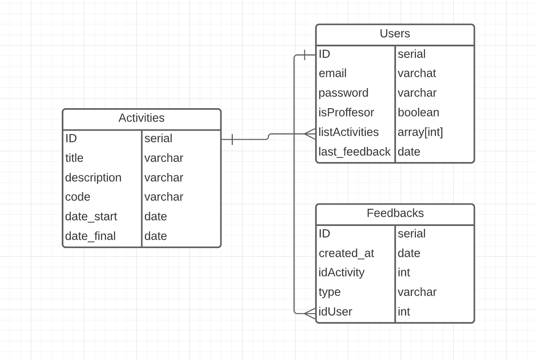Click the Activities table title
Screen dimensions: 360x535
[141, 118]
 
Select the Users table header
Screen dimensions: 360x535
[395, 34]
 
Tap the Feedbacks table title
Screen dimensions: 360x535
[395, 213]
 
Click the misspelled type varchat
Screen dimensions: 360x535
[416, 74]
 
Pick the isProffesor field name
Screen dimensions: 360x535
[346, 113]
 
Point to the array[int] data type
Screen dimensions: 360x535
[420, 132]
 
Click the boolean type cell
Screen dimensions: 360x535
[418, 113]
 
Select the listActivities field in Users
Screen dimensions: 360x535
[348, 132]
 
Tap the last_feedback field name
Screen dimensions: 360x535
[354, 152]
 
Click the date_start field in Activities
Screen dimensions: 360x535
[91, 217]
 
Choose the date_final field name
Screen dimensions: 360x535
[90, 236]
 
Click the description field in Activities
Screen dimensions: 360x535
[93, 178]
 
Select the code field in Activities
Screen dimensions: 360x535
[78, 197]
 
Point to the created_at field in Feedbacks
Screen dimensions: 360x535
[346, 254]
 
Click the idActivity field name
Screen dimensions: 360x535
[341, 273]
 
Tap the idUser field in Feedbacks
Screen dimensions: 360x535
[335, 312]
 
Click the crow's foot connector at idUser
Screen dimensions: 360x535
[310, 313]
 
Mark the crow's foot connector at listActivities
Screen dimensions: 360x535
[310, 134]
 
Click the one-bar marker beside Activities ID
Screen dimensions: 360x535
[232, 139]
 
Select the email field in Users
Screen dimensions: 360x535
[333, 74]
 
